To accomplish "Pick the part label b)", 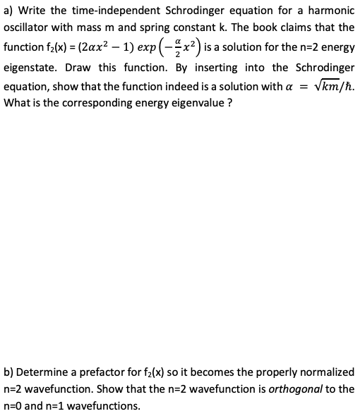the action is coord(9,372).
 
